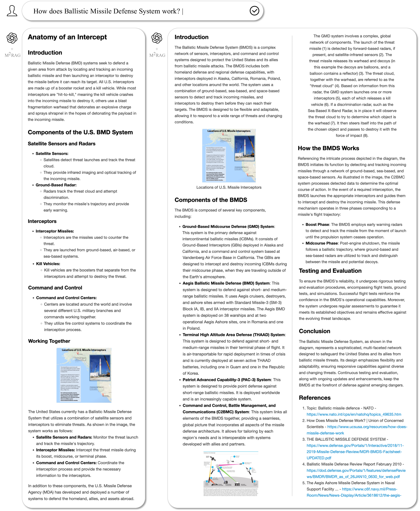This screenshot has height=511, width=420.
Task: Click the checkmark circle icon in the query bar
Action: coord(254,11)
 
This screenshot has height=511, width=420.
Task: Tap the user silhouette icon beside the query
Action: coord(12,11)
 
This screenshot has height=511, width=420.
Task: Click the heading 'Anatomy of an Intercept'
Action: coord(67,37)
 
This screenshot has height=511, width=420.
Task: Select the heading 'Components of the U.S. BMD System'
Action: coord(80,132)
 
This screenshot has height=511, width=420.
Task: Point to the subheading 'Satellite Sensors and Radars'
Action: coord(61,144)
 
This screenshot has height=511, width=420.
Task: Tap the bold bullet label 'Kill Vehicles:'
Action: coord(48,264)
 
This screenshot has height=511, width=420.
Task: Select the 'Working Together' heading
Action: coord(49,341)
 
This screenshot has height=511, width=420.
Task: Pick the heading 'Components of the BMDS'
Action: coord(211,200)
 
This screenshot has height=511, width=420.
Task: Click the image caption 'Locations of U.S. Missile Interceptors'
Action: coord(229,187)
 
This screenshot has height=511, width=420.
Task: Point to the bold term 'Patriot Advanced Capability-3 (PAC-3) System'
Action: coord(227,380)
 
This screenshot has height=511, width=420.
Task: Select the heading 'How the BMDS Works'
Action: coord(328,148)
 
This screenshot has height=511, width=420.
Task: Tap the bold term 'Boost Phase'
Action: coord(317,225)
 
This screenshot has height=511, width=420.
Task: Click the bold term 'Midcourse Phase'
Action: coord(321,243)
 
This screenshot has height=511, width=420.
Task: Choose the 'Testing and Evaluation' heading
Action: coord(330,271)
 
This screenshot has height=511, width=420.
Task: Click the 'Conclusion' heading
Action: coord(314,331)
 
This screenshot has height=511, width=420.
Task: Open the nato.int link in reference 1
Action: coord(354,414)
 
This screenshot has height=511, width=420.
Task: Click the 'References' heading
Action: coord(315,398)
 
